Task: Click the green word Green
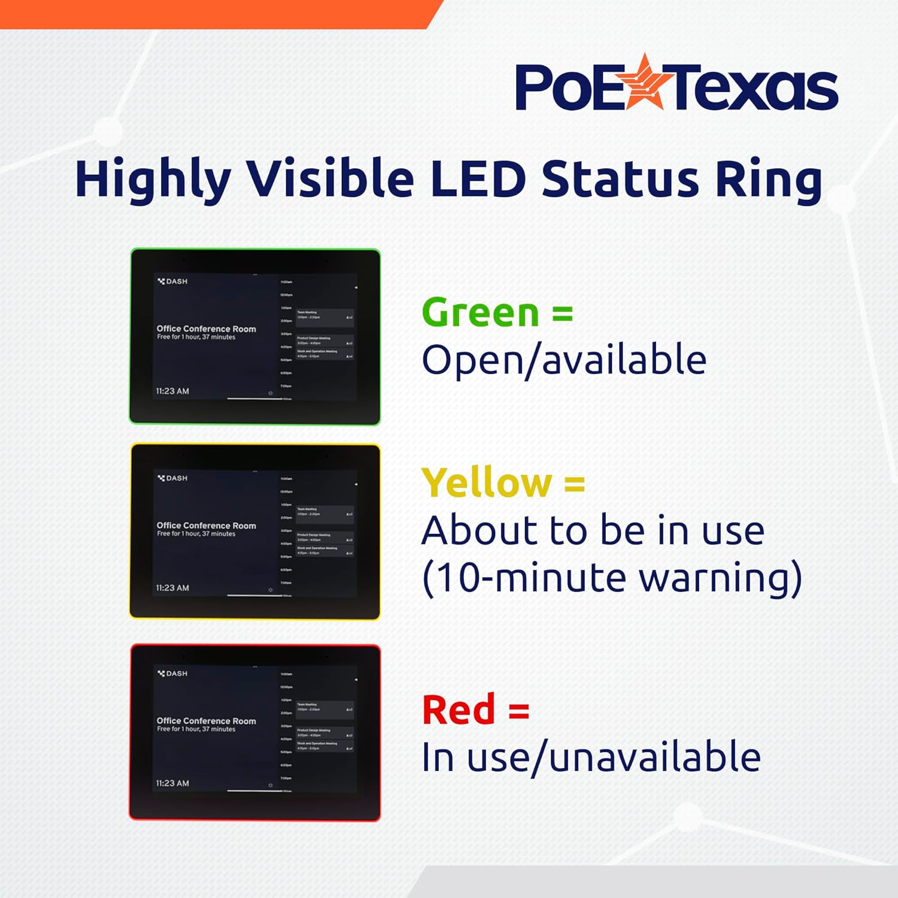pyautogui.click(x=481, y=313)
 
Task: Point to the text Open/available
pyautogui.click(x=564, y=360)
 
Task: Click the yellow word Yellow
pyautogui.click(x=487, y=483)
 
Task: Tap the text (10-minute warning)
pyautogui.click(x=612, y=578)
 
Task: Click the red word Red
pyautogui.click(x=459, y=710)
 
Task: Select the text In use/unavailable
pyautogui.click(x=591, y=757)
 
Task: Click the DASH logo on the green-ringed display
pyautogui.click(x=172, y=281)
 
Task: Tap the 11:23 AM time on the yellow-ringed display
pyautogui.click(x=172, y=588)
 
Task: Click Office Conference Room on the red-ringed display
pyautogui.click(x=206, y=721)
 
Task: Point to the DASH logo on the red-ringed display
pyautogui.click(x=172, y=673)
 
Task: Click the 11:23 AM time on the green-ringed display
pyautogui.click(x=172, y=391)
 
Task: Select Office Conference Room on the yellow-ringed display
pyautogui.click(x=206, y=526)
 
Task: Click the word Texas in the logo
pyautogui.click(x=754, y=88)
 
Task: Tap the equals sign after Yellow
pyautogui.click(x=574, y=483)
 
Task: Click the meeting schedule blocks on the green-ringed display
pyautogui.click(x=324, y=335)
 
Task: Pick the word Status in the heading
pyautogui.click(x=620, y=178)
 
